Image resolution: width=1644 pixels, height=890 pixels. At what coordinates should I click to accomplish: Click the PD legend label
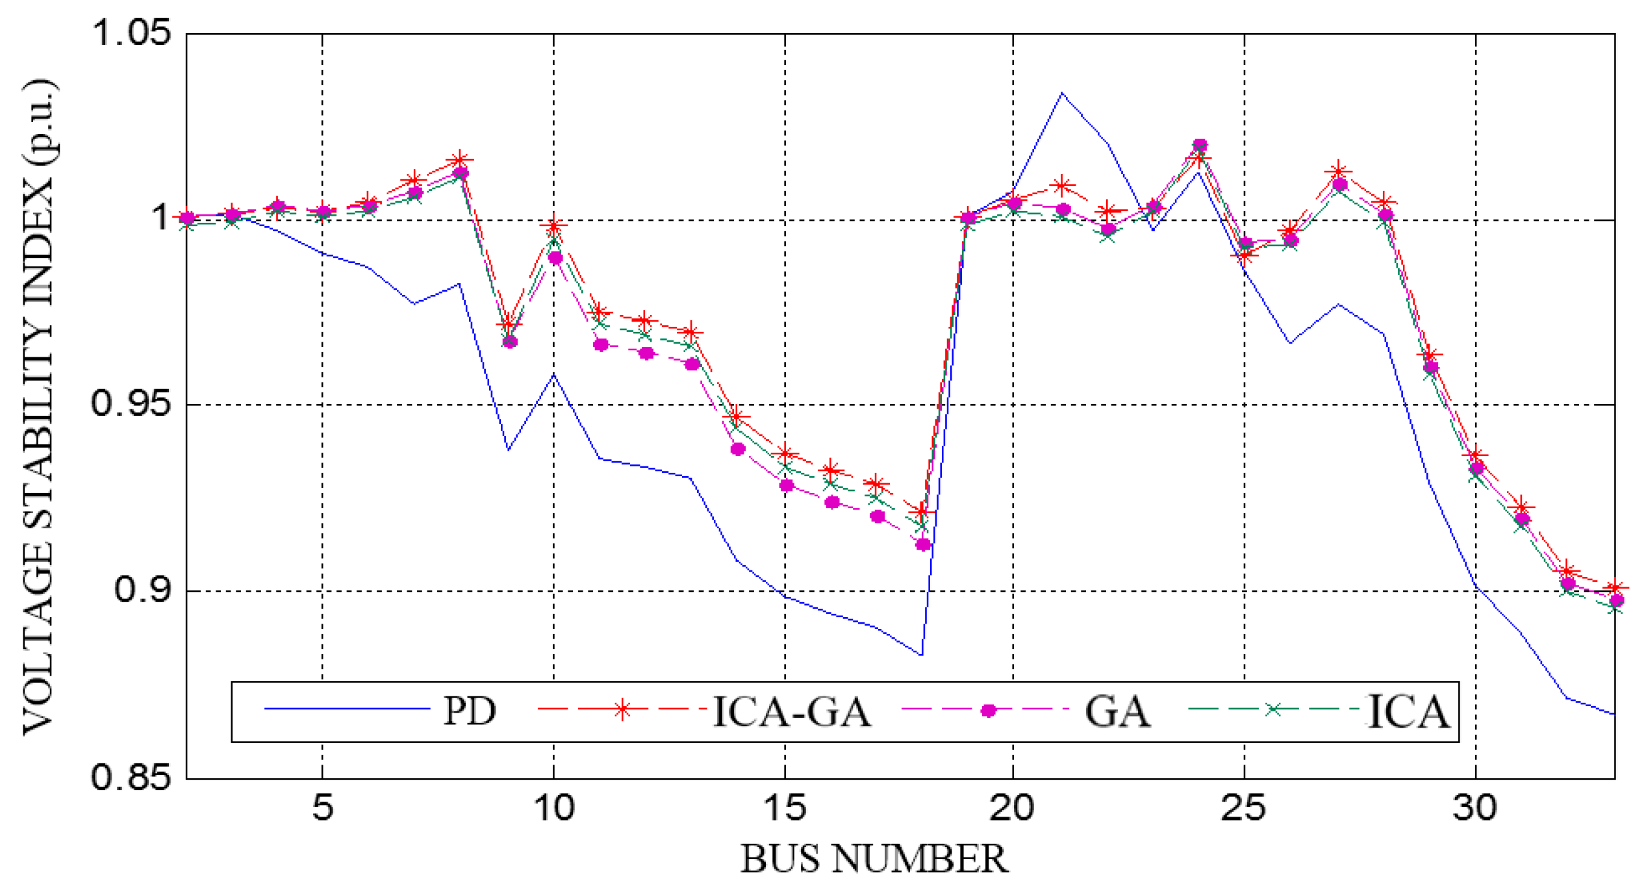click(469, 711)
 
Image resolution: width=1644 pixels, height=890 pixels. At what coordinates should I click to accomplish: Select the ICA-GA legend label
click(792, 711)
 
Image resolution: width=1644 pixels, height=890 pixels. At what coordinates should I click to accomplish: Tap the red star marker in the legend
click(622, 709)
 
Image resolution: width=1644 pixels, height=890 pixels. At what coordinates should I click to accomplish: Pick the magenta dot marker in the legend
click(988, 711)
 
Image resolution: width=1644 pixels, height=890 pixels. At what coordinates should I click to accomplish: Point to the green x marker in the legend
click(1274, 710)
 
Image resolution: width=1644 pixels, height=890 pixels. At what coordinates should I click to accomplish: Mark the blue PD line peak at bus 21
click(1061, 93)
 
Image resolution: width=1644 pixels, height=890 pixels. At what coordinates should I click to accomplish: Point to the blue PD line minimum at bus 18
click(921, 655)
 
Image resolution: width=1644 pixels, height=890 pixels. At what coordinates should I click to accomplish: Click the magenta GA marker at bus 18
click(923, 544)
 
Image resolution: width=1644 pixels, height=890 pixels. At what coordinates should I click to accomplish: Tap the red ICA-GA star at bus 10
click(554, 226)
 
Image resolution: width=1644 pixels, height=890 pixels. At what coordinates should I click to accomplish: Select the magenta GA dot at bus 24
click(1200, 145)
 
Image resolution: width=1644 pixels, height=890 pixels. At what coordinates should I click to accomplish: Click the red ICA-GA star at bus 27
click(1338, 172)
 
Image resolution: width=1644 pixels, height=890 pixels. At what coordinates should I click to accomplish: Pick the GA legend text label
click(1117, 711)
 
